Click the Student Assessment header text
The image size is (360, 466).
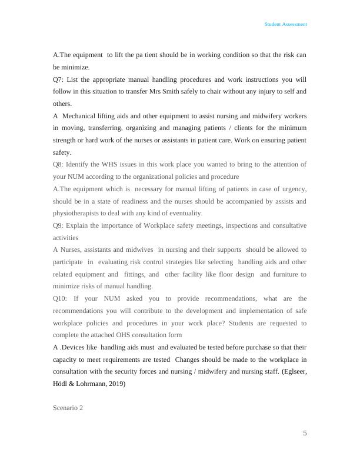(285, 24)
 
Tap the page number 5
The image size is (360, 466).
(305, 434)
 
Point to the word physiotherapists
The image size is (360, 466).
(79, 213)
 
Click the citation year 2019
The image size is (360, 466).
(114, 384)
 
